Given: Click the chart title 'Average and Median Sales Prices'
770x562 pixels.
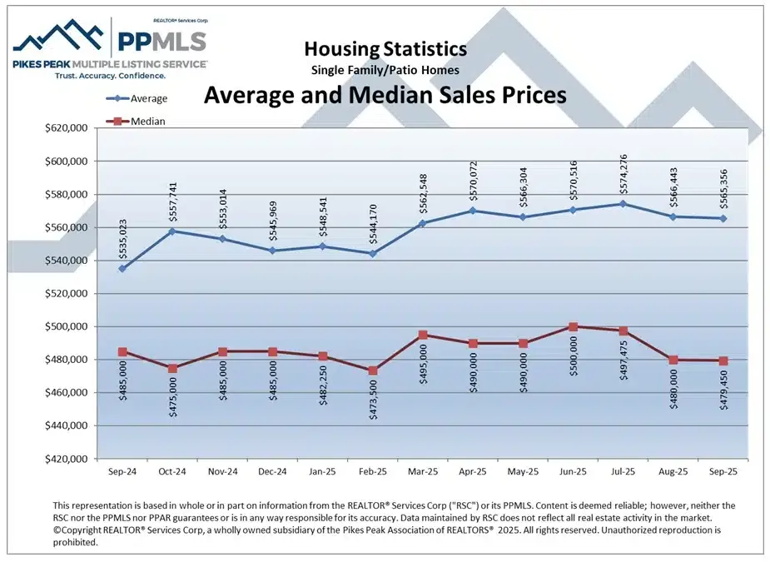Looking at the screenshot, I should coord(385,95).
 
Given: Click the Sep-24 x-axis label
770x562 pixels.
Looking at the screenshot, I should coord(122,471).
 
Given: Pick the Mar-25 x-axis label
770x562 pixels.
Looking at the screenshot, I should coord(423,471).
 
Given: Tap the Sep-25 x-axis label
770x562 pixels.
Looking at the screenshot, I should coord(723,471).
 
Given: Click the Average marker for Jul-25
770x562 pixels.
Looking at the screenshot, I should coord(623,203).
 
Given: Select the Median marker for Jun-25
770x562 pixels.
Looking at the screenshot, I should coord(573,326).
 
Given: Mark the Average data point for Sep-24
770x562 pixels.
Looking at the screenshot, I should coord(122,268).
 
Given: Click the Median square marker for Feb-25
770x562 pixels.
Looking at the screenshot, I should coord(372,371).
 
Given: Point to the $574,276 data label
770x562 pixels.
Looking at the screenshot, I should coord(623,173).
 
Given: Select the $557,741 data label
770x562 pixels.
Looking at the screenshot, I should coord(173,201).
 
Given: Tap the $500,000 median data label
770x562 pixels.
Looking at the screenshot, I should coord(574,356).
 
